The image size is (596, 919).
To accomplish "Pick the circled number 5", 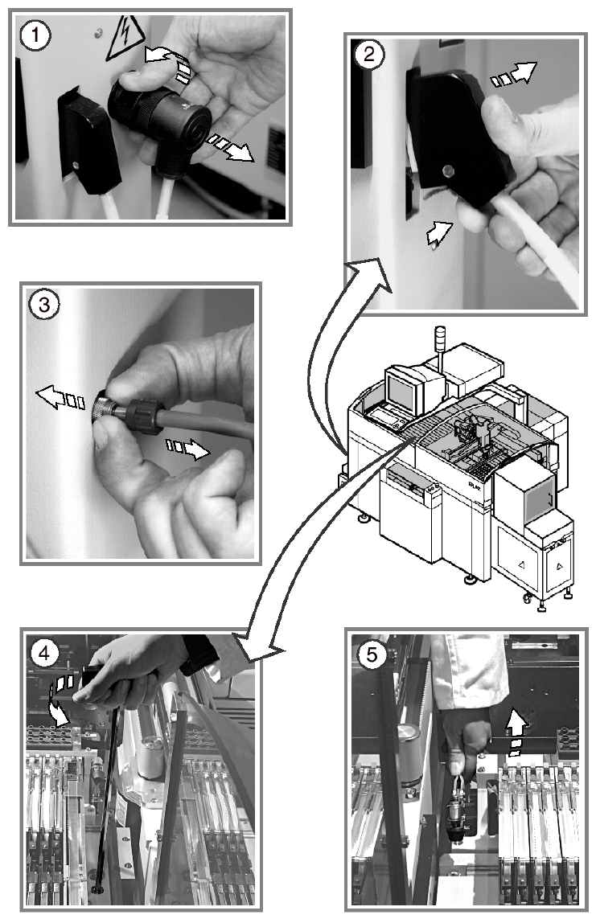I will point(370,654).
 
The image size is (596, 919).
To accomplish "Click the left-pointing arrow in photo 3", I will point(56,396).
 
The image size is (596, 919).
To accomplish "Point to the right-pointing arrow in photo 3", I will point(189,448).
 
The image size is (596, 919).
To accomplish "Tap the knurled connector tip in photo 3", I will point(103,402).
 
